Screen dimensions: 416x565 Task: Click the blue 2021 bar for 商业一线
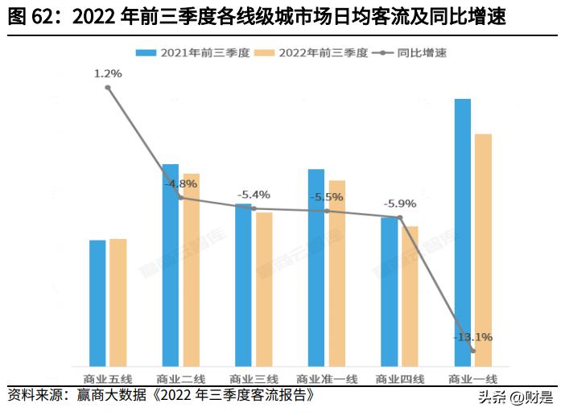pos(462,233)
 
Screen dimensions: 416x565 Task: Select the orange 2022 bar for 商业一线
pos(483,250)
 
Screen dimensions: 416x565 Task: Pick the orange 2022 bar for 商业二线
pos(191,270)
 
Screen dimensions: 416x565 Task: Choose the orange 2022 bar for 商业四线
pos(410,296)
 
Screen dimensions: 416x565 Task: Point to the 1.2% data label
pos(108,74)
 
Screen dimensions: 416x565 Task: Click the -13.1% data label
pos(472,336)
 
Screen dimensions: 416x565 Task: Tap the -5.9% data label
pos(400,203)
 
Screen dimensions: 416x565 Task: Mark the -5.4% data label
pos(254,195)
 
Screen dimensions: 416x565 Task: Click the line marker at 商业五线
pos(108,88)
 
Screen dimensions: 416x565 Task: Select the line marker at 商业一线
pos(473,351)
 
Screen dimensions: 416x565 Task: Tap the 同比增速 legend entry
pos(410,53)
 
